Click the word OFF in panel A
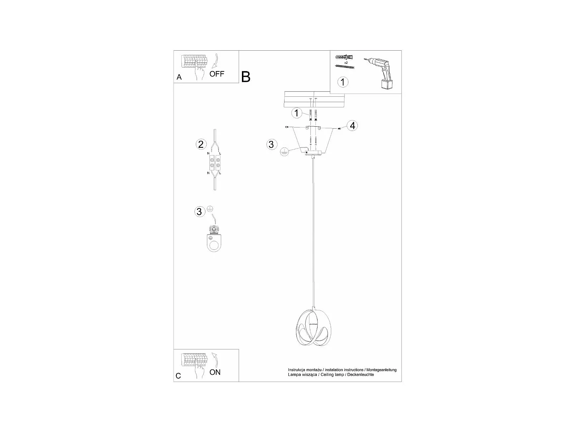[217, 74]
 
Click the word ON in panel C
[215, 372]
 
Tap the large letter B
[246, 77]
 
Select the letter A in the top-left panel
[179, 77]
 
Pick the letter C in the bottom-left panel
[178, 376]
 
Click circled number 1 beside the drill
[343, 82]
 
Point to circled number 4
[353, 126]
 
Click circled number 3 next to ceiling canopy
[271, 144]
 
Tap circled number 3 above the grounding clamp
[199, 212]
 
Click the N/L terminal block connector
[214, 163]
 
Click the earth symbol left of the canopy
[284, 152]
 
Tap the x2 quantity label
[346, 63]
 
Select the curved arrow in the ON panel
[214, 360]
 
